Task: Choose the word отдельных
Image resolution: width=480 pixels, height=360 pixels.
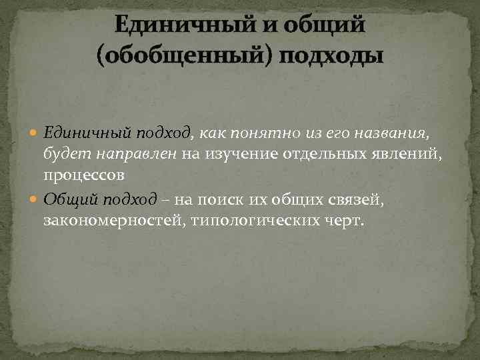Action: [x=321, y=155]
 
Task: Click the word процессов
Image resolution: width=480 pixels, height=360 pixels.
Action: [x=84, y=177]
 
